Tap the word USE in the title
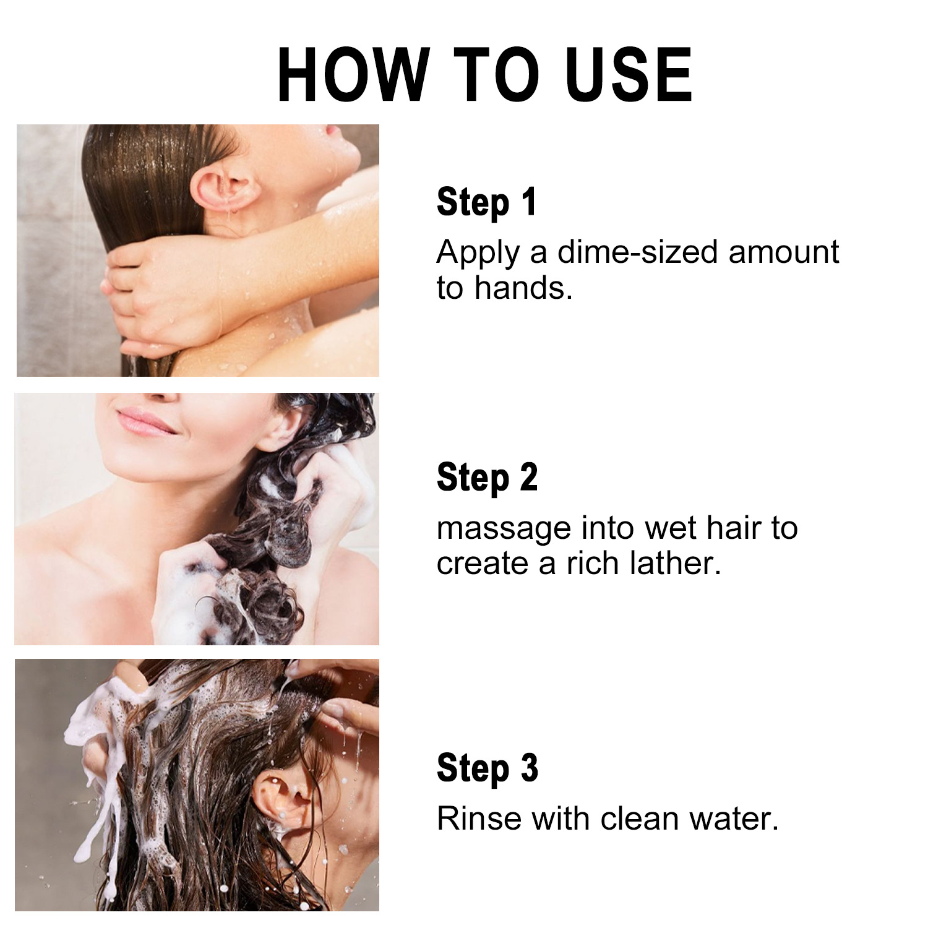tap(629, 75)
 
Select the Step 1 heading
tap(486, 202)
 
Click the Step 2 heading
tap(487, 478)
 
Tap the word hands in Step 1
tap(523, 288)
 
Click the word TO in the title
tap(497, 75)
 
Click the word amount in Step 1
tap(783, 252)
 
